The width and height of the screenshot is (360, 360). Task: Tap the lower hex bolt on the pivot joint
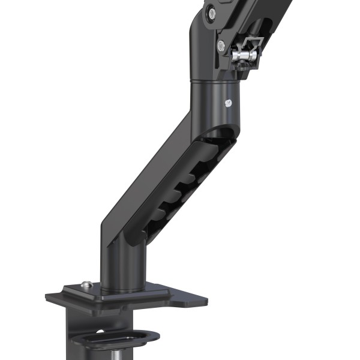click(x=221, y=44)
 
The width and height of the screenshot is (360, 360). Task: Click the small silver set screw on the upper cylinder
click(x=227, y=103)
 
